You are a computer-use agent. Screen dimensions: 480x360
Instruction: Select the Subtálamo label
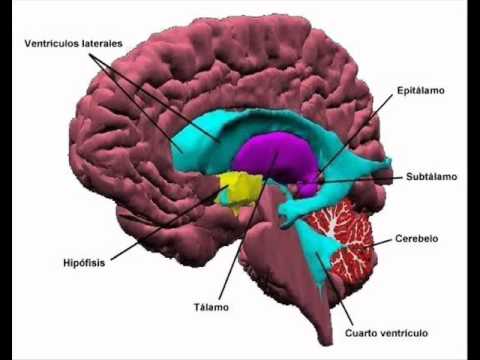[x=431, y=176]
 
